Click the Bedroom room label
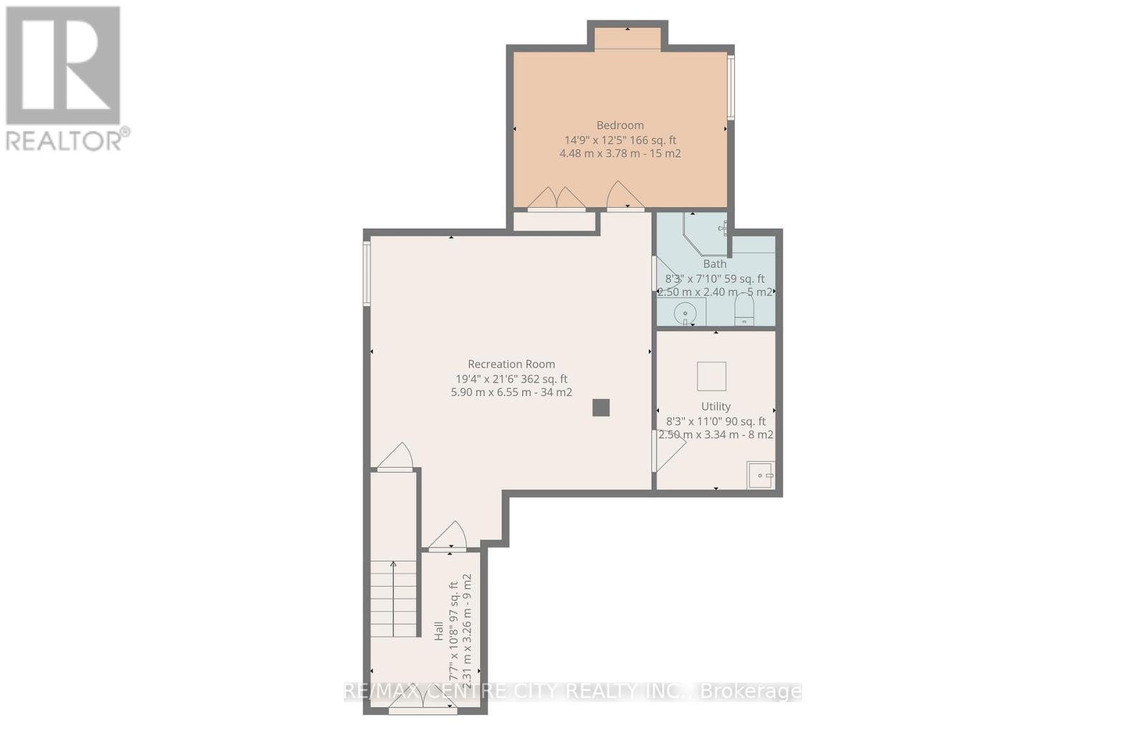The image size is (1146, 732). click(x=620, y=125)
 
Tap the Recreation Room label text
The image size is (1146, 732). click(x=511, y=364)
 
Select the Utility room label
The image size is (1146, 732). click(x=716, y=406)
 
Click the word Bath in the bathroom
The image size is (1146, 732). click(x=714, y=264)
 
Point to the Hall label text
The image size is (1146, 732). click(x=438, y=630)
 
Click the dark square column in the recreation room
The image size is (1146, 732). click(x=600, y=408)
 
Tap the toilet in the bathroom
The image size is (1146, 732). click(x=744, y=310)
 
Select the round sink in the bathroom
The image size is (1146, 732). click(x=686, y=313)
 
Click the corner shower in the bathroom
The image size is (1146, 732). click(x=706, y=231)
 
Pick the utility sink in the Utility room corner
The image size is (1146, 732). click(x=760, y=475)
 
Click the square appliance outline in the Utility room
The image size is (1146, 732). click(x=711, y=376)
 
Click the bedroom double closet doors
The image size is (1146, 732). click(x=557, y=198)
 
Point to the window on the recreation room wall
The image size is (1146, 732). click(x=366, y=274)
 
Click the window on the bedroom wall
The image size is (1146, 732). click(x=731, y=87)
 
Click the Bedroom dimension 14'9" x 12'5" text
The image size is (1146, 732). click(x=620, y=140)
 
